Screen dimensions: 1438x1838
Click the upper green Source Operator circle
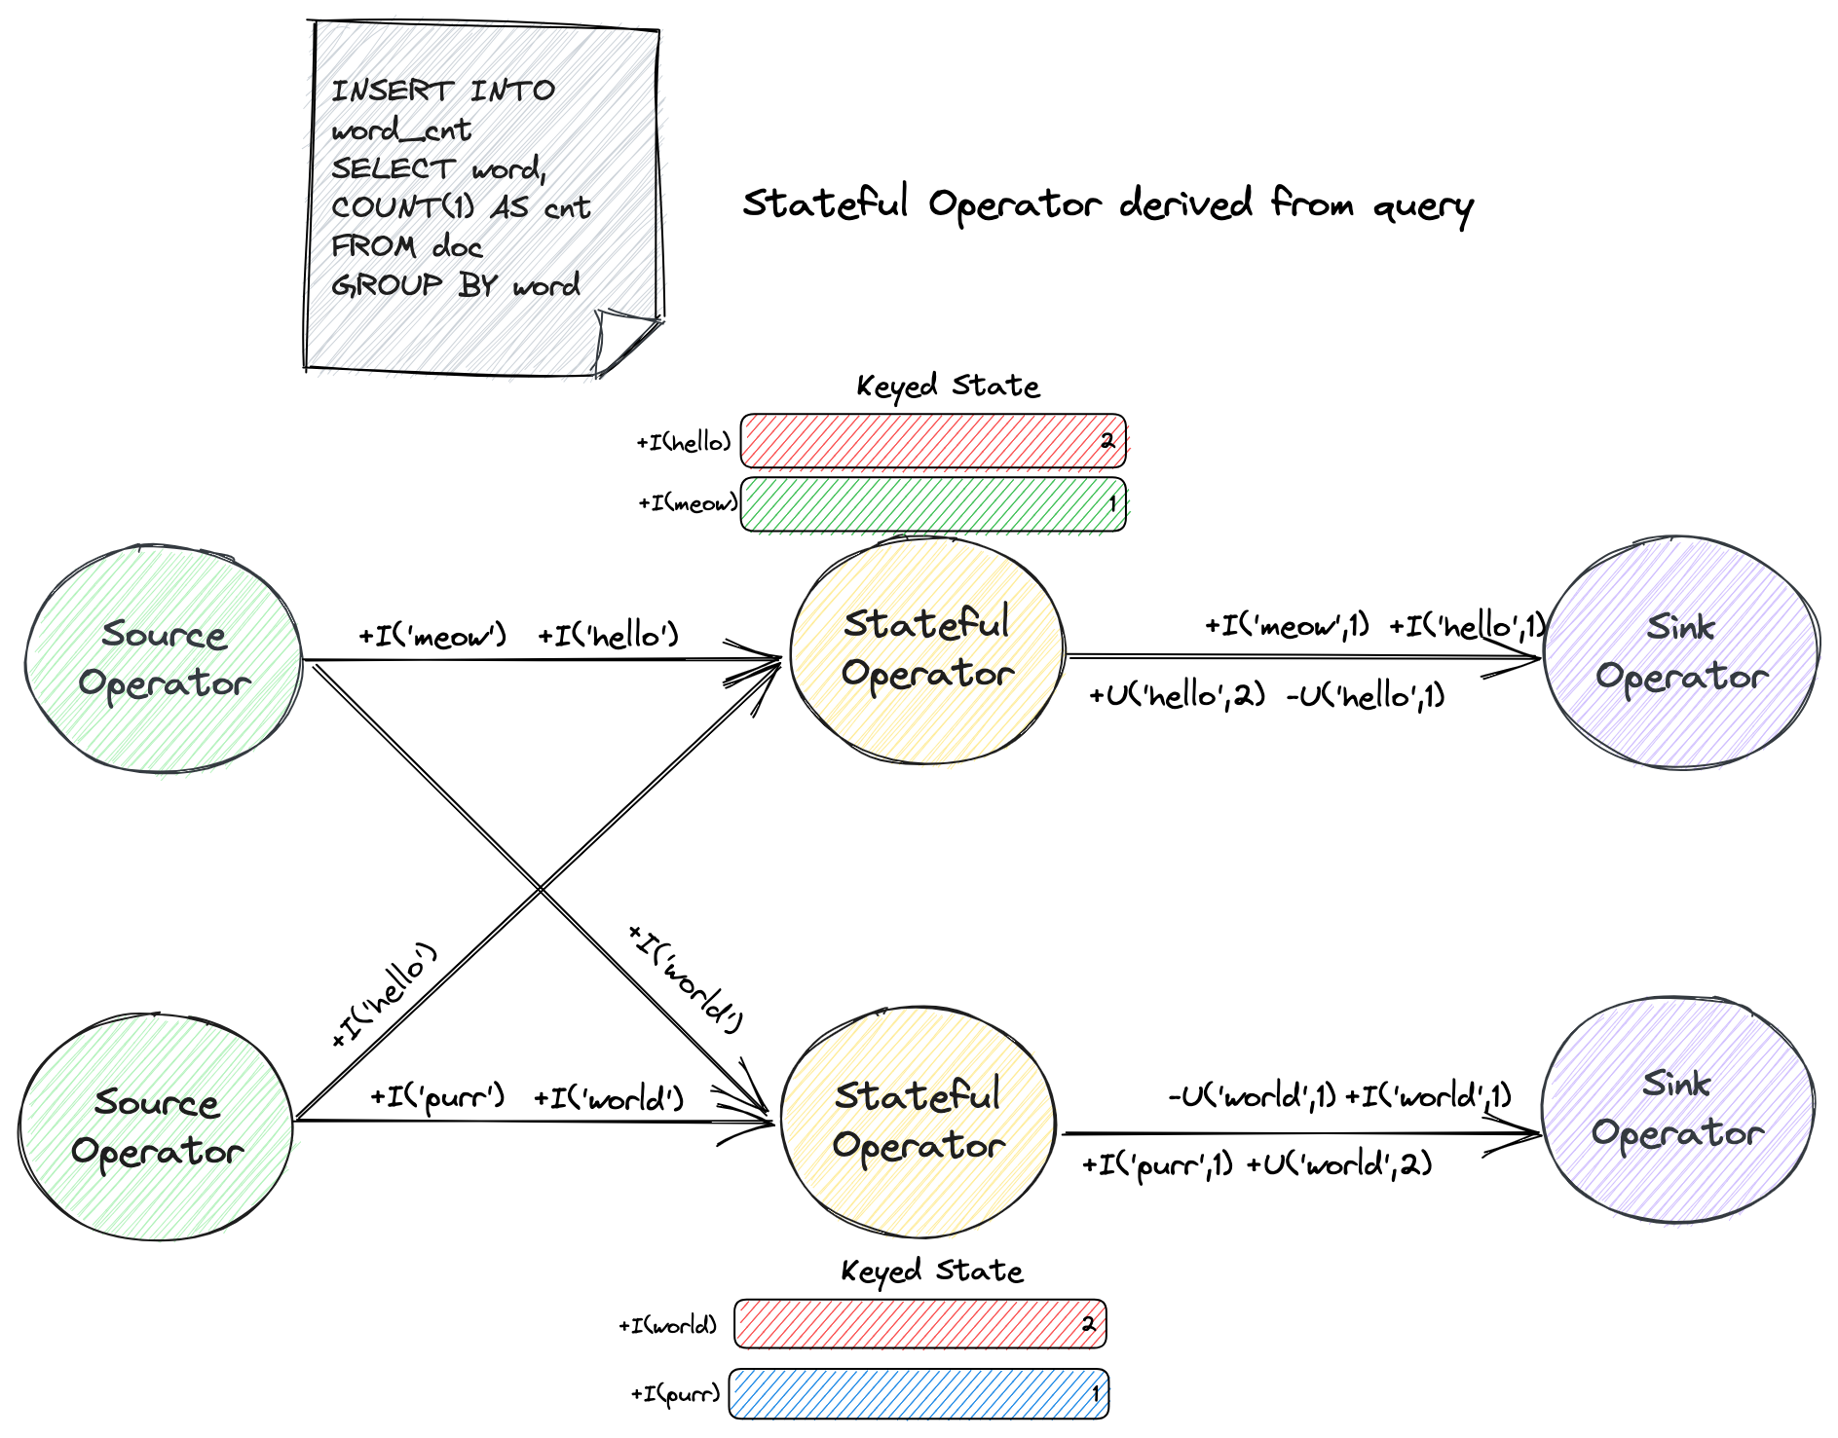164,659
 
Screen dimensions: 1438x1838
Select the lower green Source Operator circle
156,1126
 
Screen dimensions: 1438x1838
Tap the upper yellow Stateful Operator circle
926,649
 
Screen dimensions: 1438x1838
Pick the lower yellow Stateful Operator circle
919,1122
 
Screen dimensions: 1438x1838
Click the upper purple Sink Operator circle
1681,651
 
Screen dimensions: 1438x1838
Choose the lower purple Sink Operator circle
1677,1109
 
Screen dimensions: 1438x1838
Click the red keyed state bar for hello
932,441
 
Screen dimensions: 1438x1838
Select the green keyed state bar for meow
932,503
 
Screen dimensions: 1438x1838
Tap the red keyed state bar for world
919,1324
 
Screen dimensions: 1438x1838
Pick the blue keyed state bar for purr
919,1394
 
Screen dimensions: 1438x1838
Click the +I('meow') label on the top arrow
432,637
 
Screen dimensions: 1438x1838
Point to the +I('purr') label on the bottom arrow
437,1098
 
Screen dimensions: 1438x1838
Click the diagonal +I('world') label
687,977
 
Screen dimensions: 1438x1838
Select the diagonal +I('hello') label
384,995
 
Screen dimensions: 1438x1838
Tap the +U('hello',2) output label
1177,695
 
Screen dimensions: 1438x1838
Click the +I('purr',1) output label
1157,1164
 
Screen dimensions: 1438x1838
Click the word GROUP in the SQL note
387,285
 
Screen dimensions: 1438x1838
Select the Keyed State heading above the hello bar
948,387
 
